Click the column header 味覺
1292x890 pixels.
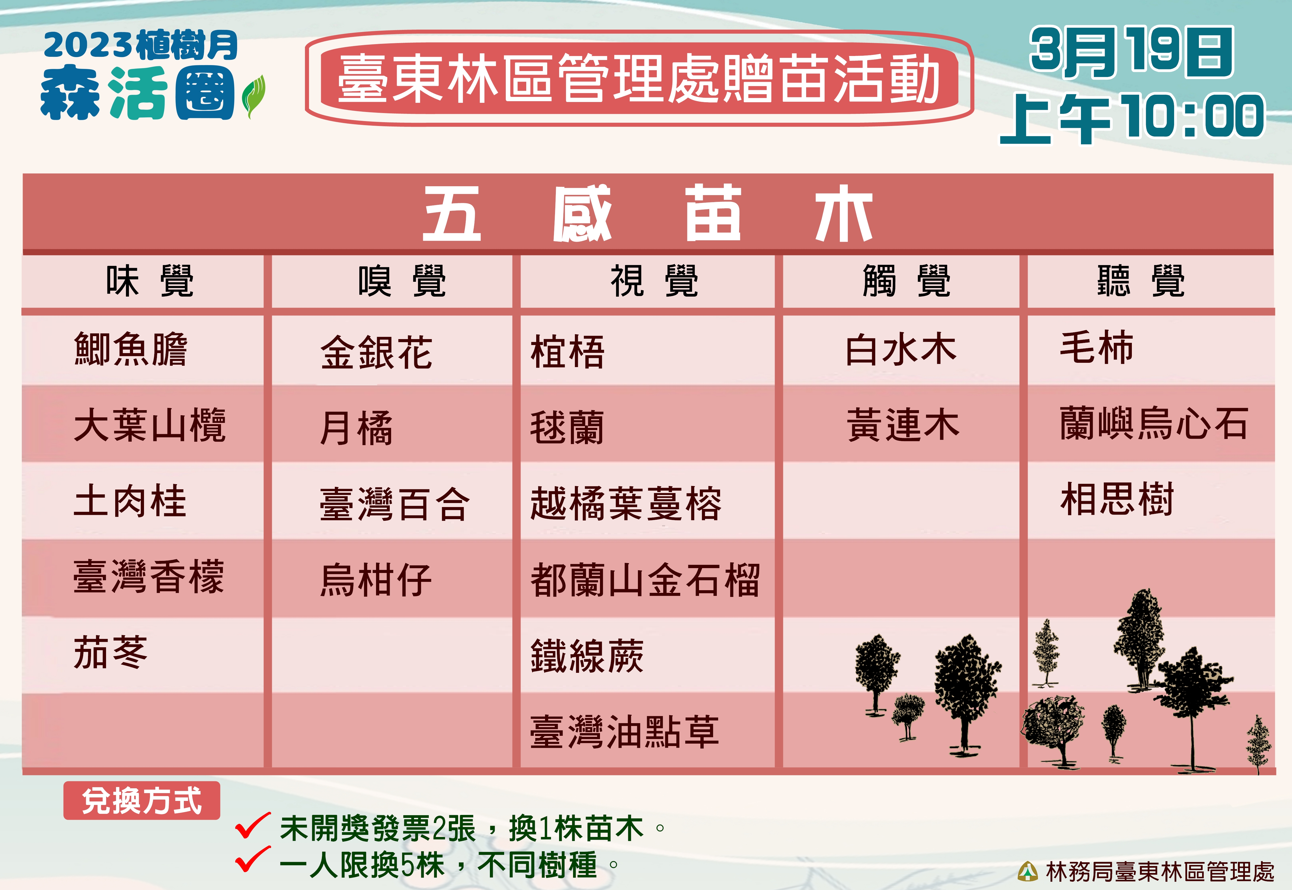[x=149, y=281]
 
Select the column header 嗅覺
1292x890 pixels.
[x=402, y=281]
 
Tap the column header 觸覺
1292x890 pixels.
[x=906, y=281]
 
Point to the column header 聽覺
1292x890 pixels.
[x=1140, y=281]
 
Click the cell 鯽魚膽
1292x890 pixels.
[x=131, y=349]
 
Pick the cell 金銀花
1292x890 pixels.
[x=376, y=353]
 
